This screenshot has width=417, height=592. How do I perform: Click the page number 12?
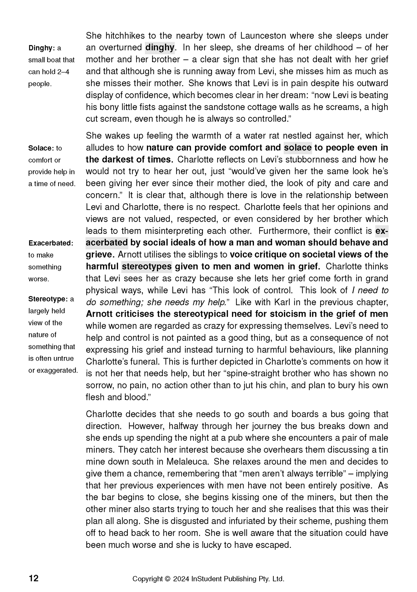tap(33, 578)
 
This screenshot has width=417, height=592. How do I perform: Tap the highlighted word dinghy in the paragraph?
tap(160, 47)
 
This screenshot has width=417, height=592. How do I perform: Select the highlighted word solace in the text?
tap(298, 148)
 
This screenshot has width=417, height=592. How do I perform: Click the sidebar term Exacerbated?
tap(51, 243)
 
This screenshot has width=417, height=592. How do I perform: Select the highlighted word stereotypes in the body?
tap(147, 266)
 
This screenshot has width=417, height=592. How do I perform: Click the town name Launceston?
tap(263, 36)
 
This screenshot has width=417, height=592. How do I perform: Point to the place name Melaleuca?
tap(187, 461)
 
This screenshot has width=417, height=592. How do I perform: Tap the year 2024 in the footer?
tap(181, 579)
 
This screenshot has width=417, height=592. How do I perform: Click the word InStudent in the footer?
tap(207, 579)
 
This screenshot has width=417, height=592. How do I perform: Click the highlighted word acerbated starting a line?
tap(107, 243)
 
